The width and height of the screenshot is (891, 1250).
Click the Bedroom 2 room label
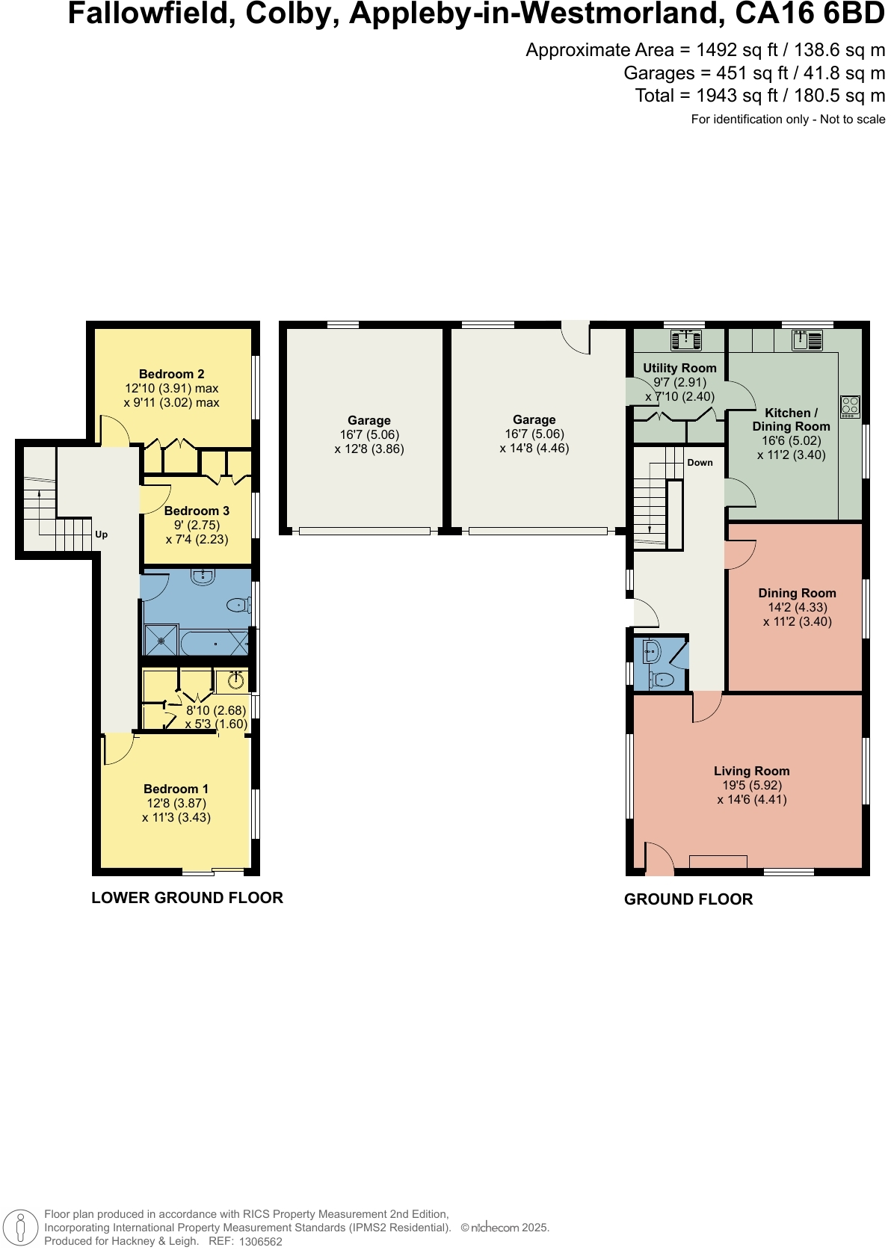(171, 374)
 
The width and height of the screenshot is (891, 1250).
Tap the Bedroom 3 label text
(197, 511)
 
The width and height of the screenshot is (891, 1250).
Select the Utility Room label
(679, 368)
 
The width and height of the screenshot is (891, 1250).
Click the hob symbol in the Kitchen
(850, 407)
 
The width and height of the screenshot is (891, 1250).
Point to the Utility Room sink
(686, 340)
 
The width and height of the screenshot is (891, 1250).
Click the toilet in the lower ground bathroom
(238, 605)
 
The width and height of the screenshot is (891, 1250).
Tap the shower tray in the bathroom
(160, 641)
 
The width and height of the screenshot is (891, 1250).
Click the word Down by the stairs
(700, 463)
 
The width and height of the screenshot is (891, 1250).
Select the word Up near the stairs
(102, 535)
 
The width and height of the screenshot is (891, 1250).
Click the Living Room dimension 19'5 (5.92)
(751, 785)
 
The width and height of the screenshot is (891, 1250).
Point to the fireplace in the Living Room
(718, 862)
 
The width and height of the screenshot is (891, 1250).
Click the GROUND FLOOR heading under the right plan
(688, 899)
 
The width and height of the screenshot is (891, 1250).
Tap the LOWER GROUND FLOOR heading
(187, 898)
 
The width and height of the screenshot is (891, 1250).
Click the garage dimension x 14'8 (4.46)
(534, 449)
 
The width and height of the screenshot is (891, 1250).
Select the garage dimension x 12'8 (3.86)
(369, 449)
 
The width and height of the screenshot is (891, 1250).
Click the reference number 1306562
(260, 1242)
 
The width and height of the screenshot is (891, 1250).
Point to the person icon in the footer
(21, 1227)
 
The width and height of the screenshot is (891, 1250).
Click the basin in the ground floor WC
(650, 652)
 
